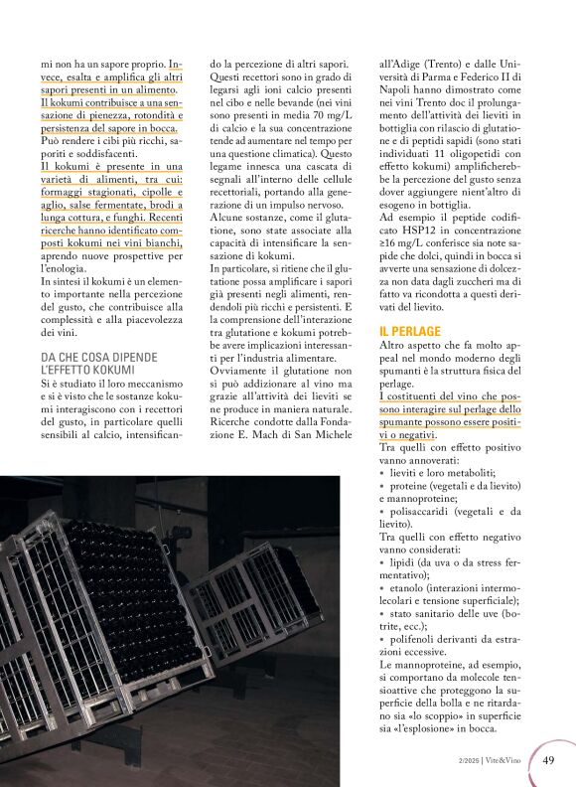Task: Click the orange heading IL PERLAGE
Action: (x=410, y=330)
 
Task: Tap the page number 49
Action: (x=549, y=760)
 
